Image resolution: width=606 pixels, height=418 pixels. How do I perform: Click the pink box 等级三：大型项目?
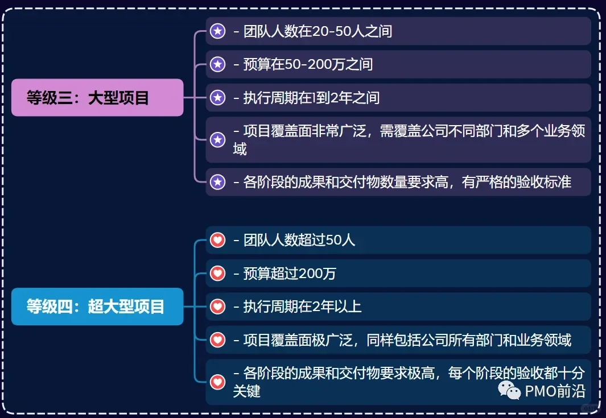tap(97, 97)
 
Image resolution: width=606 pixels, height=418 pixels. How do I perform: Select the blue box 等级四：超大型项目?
tap(97, 307)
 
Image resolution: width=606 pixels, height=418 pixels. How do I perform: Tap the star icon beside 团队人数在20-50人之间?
tap(217, 31)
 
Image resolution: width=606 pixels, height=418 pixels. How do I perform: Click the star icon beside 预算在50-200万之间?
tap(217, 64)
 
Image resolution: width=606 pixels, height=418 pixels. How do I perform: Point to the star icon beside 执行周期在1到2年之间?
tap(217, 98)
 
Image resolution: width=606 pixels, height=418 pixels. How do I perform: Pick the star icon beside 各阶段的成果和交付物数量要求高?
tap(217, 181)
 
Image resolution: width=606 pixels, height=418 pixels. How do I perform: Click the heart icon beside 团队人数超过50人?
tap(217, 240)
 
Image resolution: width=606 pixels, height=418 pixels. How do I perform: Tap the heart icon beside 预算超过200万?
tap(217, 274)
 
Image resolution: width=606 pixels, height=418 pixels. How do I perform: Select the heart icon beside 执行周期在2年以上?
tap(217, 307)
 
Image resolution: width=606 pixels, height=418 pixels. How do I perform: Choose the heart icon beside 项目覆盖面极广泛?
tap(217, 340)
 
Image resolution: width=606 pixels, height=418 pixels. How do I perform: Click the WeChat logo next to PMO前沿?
tap(509, 390)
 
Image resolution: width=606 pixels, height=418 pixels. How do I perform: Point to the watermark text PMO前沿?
tap(555, 391)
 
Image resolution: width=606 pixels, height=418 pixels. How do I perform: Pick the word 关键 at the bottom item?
tap(246, 391)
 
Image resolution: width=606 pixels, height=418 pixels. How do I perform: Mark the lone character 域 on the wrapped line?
tap(240, 149)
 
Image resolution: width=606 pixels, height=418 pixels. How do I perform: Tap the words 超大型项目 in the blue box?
tap(126, 307)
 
